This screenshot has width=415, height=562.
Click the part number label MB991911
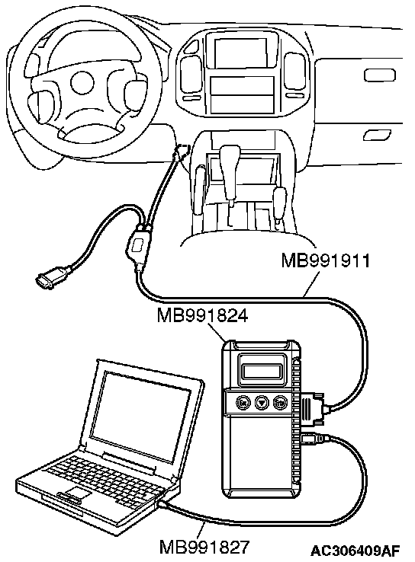(325, 260)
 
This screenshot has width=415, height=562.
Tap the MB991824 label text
(202, 316)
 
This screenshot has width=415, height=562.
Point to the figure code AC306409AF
(355, 550)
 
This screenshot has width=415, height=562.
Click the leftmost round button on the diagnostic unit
(243, 403)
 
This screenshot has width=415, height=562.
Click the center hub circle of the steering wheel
(82, 83)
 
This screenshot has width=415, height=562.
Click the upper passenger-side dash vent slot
(380, 75)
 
